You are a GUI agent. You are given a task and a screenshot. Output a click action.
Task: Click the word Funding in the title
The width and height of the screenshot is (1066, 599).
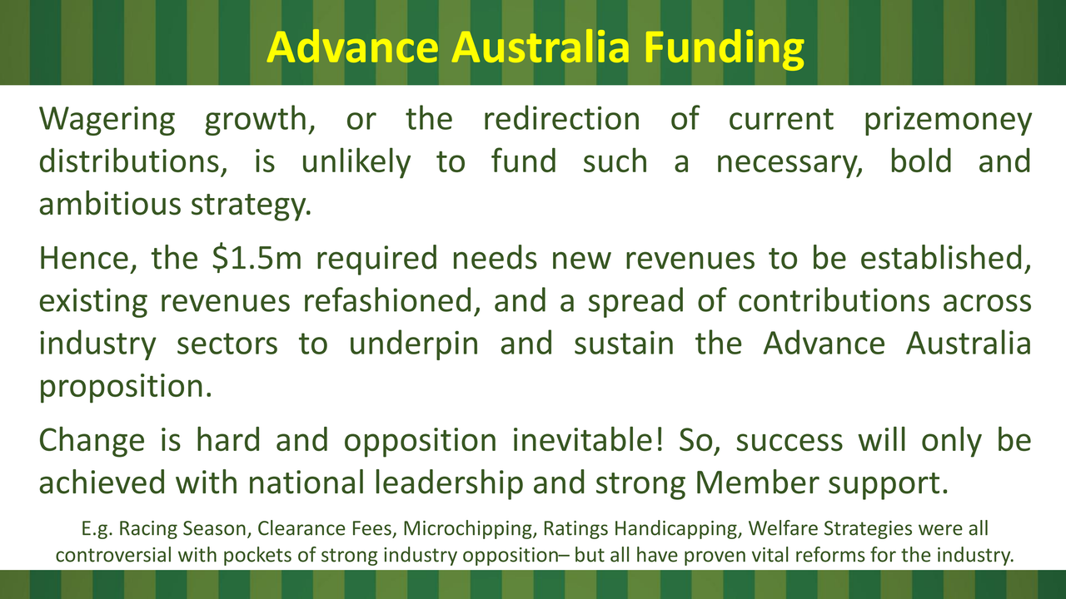coord(724,48)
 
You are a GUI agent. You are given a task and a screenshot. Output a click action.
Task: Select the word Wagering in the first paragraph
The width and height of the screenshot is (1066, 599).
coord(107,120)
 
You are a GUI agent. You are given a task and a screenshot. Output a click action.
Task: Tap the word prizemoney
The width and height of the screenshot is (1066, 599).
coord(948,120)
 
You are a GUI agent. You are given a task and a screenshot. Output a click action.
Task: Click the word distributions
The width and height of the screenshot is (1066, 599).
coord(132,161)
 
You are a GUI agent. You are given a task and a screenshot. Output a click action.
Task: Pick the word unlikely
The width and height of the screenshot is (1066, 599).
coord(356,162)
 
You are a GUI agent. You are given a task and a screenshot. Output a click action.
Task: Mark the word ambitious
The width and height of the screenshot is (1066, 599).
coord(110,204)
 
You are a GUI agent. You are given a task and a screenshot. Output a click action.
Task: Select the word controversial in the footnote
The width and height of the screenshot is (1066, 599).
coord(113,555)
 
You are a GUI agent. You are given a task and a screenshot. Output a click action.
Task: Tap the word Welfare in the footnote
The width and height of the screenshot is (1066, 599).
coord(783,528)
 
